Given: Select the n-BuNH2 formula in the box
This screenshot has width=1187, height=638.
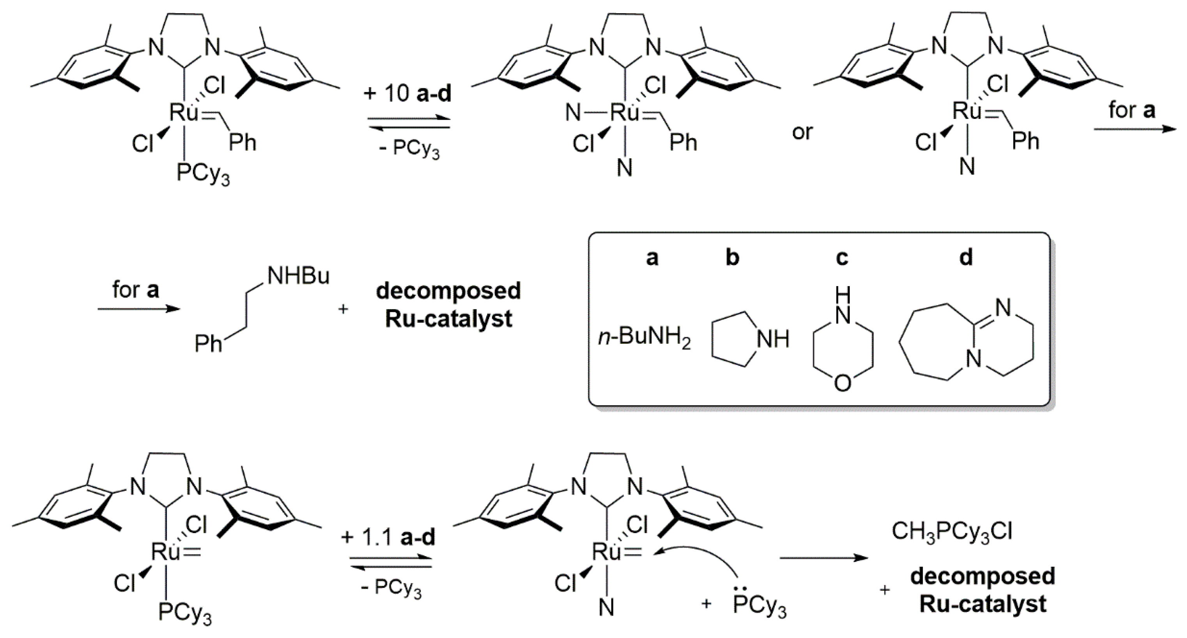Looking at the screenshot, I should (645, 339).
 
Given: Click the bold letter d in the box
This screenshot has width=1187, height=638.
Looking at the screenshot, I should (966, 258).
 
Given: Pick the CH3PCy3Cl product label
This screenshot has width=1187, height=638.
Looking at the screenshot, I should (952, 532).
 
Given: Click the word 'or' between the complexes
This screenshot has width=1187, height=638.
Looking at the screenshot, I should (802, 132).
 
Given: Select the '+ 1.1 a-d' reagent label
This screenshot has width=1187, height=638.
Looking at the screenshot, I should (388, 537).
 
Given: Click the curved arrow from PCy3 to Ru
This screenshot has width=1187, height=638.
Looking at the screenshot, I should (700, 555).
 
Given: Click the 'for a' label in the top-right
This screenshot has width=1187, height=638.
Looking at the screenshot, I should (1132, 111).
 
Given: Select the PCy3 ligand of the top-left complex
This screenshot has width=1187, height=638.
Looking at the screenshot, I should (203, 175).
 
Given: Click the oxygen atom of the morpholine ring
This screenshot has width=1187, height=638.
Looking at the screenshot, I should (843, 383).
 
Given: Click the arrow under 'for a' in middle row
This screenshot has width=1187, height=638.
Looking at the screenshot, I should (138, 308).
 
